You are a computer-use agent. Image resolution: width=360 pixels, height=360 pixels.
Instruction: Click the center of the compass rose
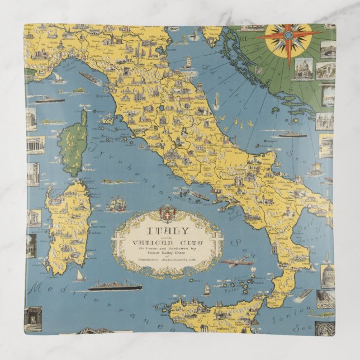287,35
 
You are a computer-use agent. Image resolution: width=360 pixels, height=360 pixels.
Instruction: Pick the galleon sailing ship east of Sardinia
118,204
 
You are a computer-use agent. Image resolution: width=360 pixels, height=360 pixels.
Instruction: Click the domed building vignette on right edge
328,274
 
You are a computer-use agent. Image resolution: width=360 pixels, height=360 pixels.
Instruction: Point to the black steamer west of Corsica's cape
50,100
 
